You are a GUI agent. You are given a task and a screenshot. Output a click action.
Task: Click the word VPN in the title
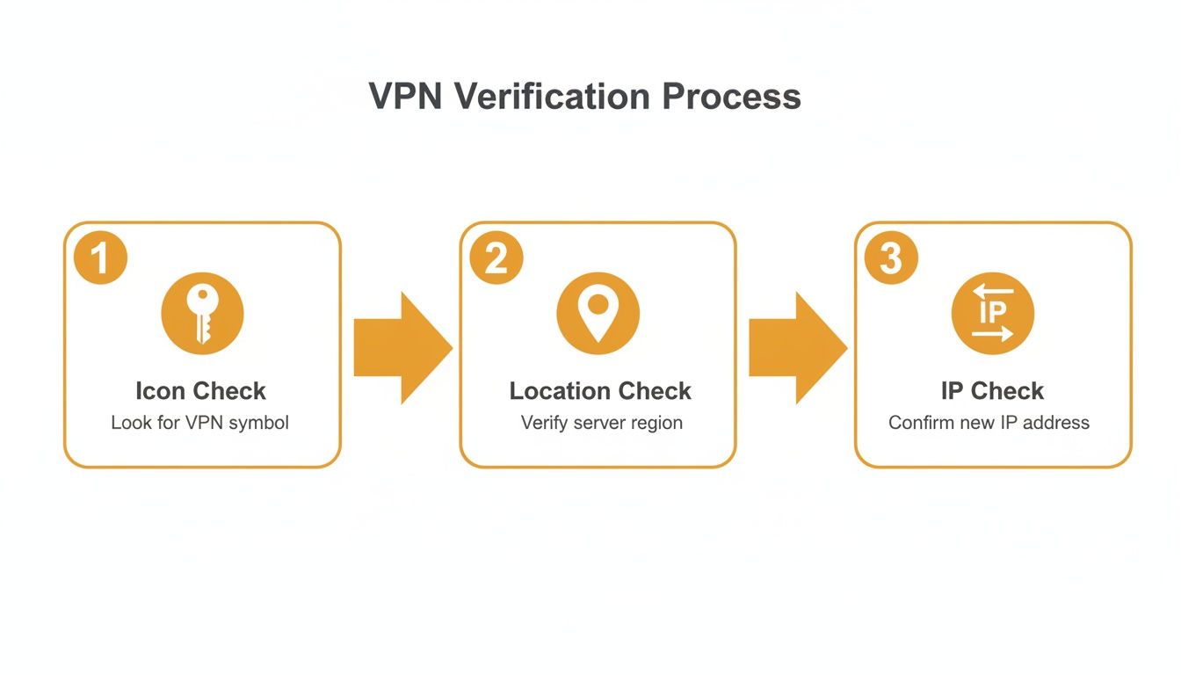click(x=406, y=96)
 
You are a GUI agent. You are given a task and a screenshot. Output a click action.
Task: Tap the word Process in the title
click(x=731, y=96)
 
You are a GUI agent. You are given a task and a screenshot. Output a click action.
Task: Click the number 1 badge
click(x=100, y=258)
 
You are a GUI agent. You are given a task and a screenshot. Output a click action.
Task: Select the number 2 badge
click(x=496, y=258)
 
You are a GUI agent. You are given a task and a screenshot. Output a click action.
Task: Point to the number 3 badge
click(x=891, y=258)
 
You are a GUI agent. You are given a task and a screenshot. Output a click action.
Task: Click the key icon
click(x=202, y=314)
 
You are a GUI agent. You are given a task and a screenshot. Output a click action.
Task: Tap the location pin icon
click(x=598, y=314)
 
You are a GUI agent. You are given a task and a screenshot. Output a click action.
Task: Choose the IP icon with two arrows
click(x=993, y=314)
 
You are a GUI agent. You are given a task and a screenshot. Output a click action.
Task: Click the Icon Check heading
click(x=200, y=391)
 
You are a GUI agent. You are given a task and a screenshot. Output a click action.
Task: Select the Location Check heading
click(x=600, y=391)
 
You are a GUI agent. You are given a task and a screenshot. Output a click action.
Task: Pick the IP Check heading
click(x=992, y=391)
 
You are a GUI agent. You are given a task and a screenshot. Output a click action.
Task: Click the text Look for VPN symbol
click(x=199, y=423)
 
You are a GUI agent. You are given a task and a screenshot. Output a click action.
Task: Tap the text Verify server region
click(x=601, y=423)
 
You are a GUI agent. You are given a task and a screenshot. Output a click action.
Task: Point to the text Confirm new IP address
click(x=989, y=423)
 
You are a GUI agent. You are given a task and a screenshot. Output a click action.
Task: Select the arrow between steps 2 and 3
click(x=796, y=348)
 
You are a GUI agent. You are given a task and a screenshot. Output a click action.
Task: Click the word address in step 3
click(x=1057, y=423)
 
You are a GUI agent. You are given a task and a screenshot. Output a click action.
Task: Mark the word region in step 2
click(x=656, y=424)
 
